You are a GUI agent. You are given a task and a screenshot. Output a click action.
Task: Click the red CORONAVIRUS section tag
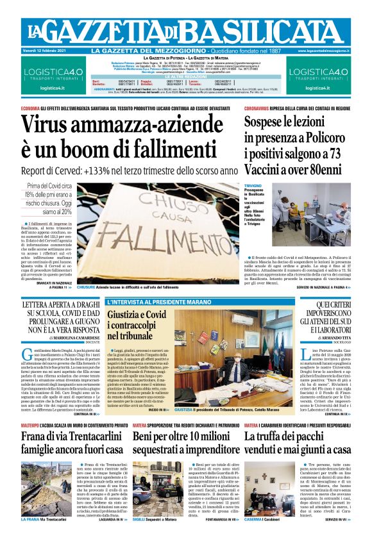click(260, 108)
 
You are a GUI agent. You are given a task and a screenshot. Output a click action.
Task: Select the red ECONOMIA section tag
click(31, 108)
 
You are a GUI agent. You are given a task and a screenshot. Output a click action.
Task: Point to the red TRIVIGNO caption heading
click(253, 185)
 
